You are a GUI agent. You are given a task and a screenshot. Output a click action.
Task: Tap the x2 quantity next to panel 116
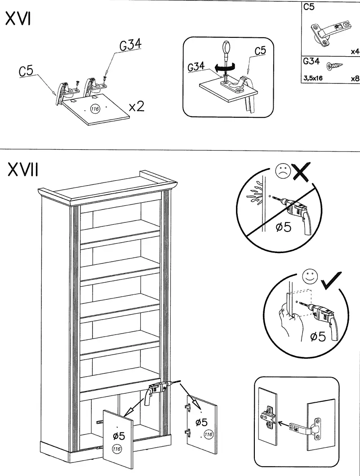point(136,107)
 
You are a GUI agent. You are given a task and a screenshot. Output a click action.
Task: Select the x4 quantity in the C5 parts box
point(355,52)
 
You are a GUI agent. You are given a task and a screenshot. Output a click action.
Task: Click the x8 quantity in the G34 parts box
point(355,78)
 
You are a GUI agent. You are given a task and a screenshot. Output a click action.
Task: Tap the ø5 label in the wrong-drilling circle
point(283,227)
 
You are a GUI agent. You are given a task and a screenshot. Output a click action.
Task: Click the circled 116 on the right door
point(209,434)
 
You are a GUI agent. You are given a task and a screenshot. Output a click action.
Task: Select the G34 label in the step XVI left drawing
point(130,45)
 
